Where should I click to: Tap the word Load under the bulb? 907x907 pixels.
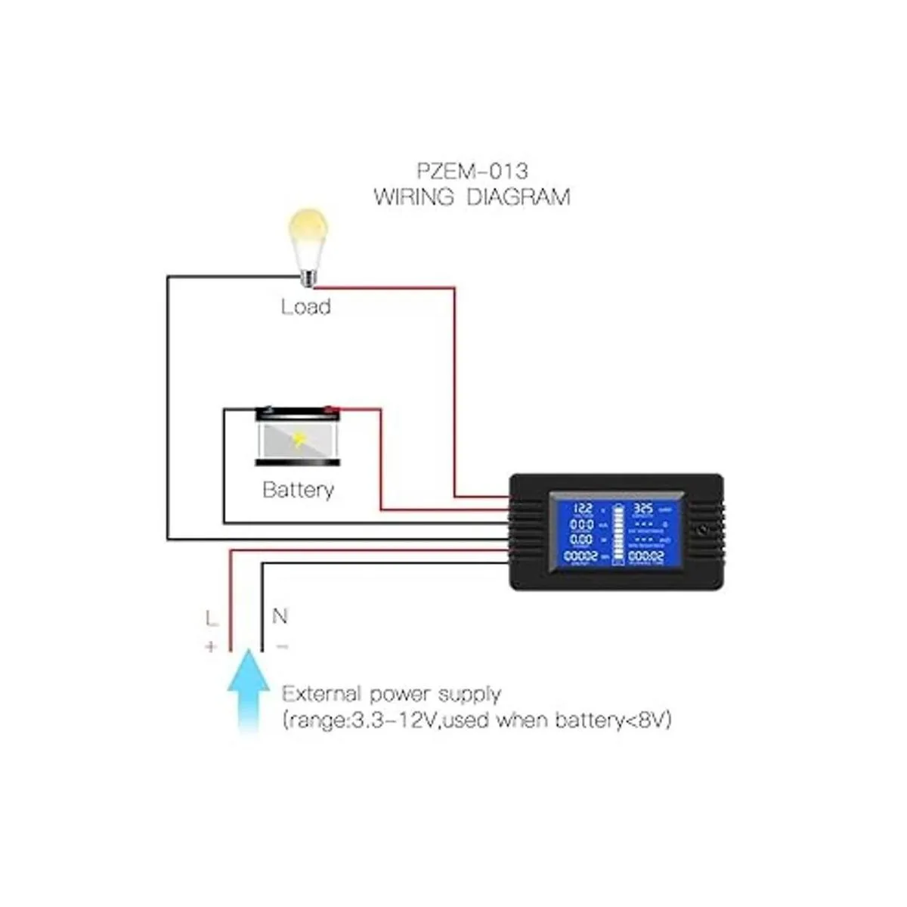tap(306, 307)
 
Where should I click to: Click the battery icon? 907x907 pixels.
tap(298, 437)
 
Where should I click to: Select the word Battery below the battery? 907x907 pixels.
tap(298, 490)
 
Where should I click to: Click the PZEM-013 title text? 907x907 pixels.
tap(472, 170)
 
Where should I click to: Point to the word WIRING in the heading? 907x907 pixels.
tap(413, 198)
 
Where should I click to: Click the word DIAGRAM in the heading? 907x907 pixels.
tap(518, 198)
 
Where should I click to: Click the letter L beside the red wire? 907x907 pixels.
tap(212, 619)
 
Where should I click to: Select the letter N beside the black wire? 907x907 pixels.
tap(280, 617)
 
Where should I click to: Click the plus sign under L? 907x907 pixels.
tap(211, 647)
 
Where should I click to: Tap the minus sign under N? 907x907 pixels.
tap(281, 647)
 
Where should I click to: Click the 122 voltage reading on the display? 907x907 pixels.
tap(584, 509)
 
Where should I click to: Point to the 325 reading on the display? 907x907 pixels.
tap(642, 509)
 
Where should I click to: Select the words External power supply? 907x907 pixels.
tap(392, 694)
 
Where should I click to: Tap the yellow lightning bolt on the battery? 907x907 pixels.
tap(300, 439)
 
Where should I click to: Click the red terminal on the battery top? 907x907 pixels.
tap(330, 410)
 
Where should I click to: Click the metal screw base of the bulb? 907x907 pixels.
tap(307, 277)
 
